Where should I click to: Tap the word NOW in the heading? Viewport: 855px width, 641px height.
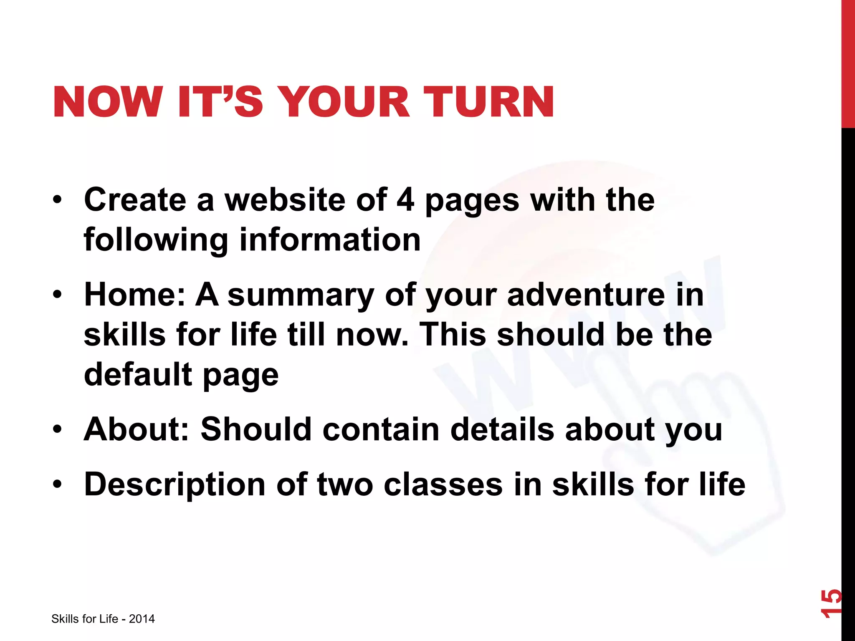[108, 102]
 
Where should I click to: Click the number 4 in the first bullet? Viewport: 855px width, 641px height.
[405, 200]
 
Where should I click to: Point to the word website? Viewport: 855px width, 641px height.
[285, 200]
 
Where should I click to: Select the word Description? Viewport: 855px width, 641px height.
[175, 485]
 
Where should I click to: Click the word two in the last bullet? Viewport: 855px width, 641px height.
[345, 485]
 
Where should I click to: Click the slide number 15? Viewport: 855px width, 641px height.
[831, 603]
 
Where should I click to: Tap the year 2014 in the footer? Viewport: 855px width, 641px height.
[142, 619]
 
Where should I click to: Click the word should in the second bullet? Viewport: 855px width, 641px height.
[550, 335]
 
